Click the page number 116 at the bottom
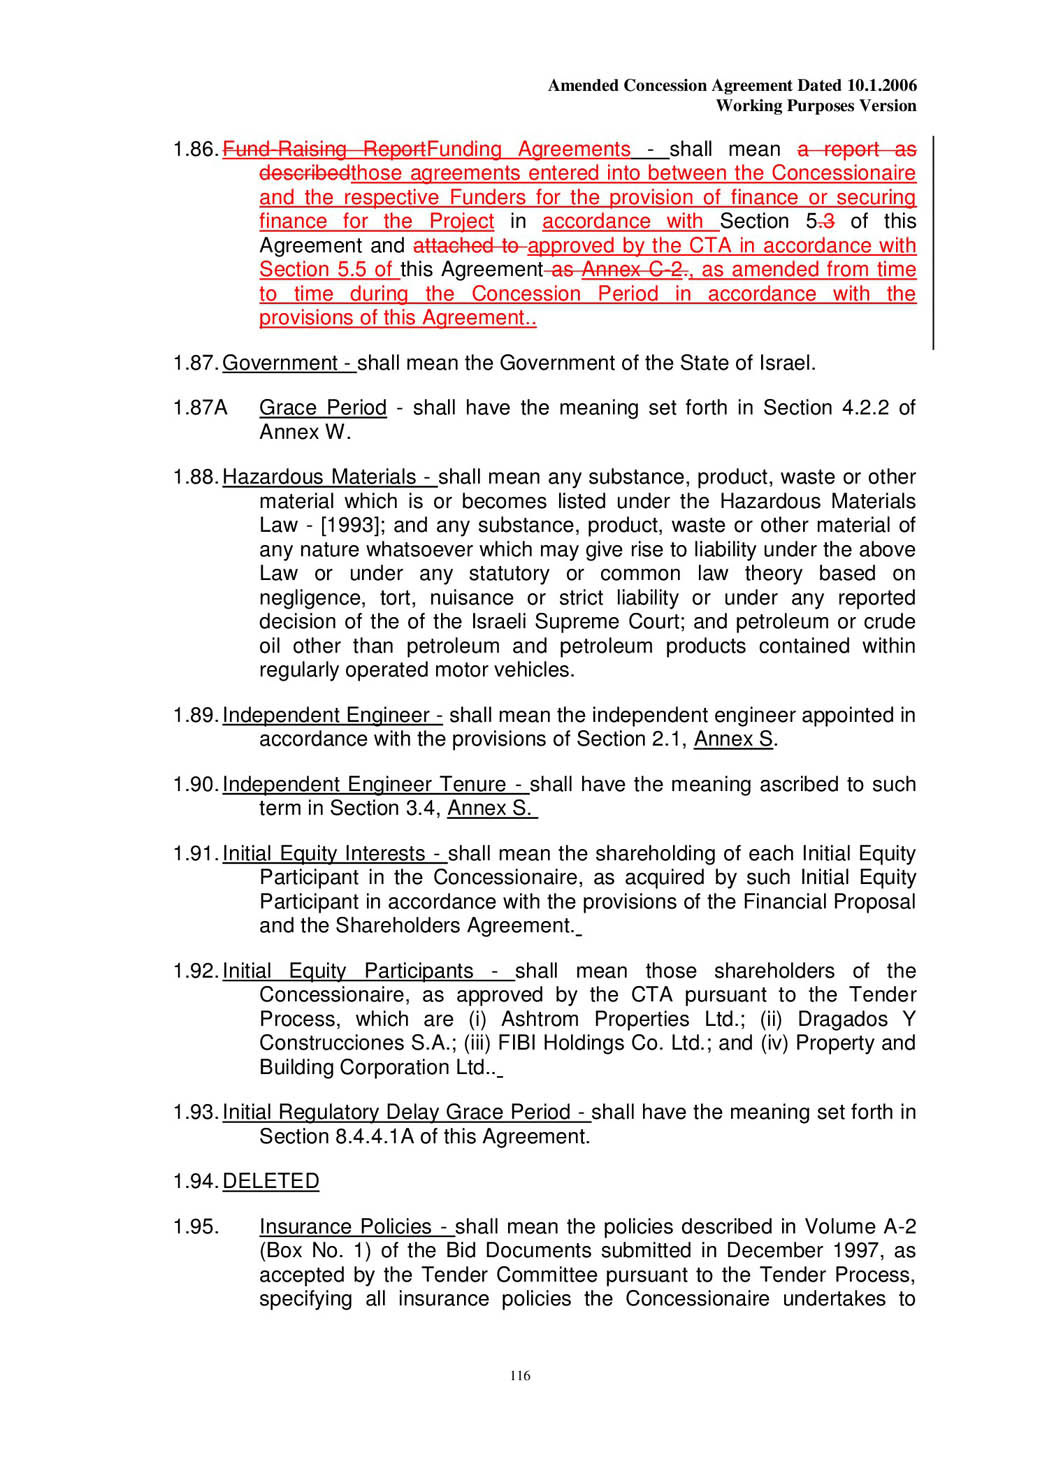(x=520, y=1376)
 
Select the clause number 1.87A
(x=200, y=408)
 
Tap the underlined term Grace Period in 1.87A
(x=322, y=408)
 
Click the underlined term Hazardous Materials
(x=319, y=477)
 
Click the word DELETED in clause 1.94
(x=270, y=1181)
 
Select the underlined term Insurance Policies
(x=345, y=1227)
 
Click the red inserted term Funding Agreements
(x=528, y=150)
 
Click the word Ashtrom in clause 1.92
(x=539, y=1019)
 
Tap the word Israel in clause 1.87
(x=785, y=363)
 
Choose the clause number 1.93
(x=194, y=1112)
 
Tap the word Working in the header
(x=749, y=106)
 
